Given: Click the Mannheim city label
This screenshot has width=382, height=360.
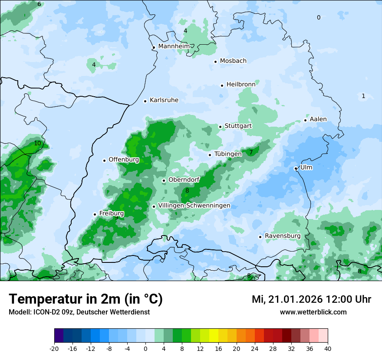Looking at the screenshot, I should [174, 46].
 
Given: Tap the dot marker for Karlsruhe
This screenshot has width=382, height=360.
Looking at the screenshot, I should [145, 101].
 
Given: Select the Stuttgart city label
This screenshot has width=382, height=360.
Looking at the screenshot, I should [238, 126].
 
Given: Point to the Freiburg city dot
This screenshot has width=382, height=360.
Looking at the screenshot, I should [95, 214].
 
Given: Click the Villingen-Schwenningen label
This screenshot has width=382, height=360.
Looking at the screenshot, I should [194, 206].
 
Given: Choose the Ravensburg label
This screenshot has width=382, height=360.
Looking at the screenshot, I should [282, 236].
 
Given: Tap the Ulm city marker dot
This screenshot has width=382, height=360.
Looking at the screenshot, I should [296, 168].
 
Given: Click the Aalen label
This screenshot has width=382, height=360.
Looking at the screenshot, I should [318, 119].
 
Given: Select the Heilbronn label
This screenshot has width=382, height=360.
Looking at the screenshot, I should [240, 85].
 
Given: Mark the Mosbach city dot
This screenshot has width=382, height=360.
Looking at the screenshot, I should [215, 62].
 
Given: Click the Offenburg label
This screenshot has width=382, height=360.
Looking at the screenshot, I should [124, 160].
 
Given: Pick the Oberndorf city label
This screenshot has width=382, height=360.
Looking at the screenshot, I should [184, 180].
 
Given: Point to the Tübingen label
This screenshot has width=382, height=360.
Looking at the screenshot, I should [228, 154].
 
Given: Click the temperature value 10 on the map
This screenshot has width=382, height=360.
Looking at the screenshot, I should [37, 143].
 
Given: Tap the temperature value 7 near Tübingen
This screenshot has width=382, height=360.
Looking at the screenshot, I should [251, 152].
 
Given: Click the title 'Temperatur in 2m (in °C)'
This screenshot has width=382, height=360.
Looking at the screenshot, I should [86, 299].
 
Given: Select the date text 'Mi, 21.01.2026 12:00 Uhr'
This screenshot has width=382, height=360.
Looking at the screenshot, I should [311, 299].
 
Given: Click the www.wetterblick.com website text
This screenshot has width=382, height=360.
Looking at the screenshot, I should [313, 312].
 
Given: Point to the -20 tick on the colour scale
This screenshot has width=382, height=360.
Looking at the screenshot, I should [54, 348].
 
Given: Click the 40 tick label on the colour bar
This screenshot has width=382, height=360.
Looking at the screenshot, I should [328, 348].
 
